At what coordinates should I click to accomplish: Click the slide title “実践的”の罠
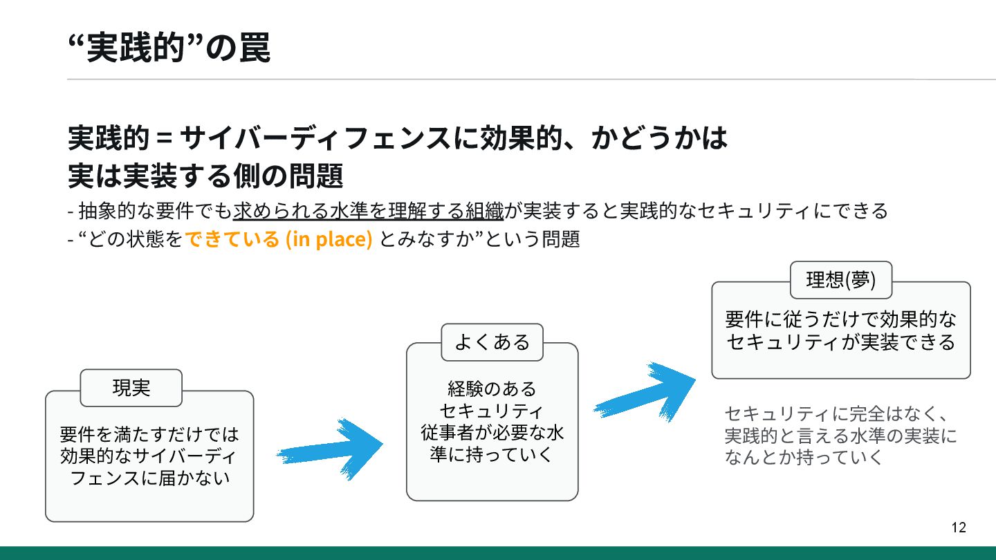point(169,48)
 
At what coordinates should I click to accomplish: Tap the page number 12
point(959,528)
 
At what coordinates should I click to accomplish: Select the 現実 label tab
point(131,388)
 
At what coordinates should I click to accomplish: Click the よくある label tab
point(492,342)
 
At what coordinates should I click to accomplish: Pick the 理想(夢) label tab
point(840,279)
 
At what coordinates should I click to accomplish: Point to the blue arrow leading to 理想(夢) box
point(644,391)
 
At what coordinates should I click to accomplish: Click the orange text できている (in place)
point(279,239)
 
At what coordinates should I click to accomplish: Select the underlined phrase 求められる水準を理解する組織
point(368,209)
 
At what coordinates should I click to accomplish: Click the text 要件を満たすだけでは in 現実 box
point(149,434)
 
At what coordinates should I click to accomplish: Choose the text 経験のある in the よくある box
point(492,388)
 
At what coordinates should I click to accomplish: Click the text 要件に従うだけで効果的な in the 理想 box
point(840,319)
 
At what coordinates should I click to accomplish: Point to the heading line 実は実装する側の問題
point(205,176)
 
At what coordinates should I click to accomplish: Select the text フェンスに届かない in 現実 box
point(149,478)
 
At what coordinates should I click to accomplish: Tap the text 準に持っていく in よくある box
point(492,456)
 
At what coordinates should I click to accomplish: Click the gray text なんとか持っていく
point(804,457)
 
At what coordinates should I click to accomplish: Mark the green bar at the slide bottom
point(498,553)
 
